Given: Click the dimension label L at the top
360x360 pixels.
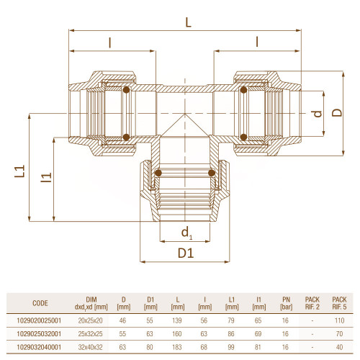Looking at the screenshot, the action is click(x=189, y=22).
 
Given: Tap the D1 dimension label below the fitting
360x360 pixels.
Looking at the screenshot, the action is click(x=186, y=253).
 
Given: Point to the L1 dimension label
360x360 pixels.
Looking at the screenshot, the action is click(x=19, y=171).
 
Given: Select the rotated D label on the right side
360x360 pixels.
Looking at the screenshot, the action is click(x=337, y=112).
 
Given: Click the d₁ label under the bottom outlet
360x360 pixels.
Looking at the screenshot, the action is click(x=187, y=233).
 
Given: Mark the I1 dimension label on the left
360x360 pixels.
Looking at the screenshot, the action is click(x=46, y=177).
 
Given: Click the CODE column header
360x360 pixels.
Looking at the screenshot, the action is click(x=40, y=303).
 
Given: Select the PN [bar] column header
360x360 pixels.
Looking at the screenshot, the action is click(x=286, y=303).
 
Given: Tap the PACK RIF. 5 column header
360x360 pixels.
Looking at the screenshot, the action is click(x=339, y=303).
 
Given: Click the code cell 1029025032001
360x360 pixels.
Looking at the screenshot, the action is click(x=39, y=334).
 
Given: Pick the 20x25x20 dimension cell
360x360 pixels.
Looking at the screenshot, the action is click(x=90, y=320).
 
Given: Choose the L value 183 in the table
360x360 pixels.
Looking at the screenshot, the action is click(x=177, y=347).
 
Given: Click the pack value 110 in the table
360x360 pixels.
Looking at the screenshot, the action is click(x=339, y=320).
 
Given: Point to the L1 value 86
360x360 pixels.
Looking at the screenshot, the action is click(x=231, y=334).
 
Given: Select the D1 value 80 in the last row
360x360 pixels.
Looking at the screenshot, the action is click(x=150, y=347).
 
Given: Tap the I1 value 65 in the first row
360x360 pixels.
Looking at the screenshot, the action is click(x=258, y=320).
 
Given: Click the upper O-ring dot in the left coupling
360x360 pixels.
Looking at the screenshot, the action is click(x=126, y=90).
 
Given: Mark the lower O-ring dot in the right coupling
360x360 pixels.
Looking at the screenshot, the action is click(x=243, y=137).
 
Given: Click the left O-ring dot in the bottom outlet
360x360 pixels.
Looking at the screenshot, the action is click(x=158, y=173).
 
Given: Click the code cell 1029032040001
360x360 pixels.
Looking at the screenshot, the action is click(x=39, y=347).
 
